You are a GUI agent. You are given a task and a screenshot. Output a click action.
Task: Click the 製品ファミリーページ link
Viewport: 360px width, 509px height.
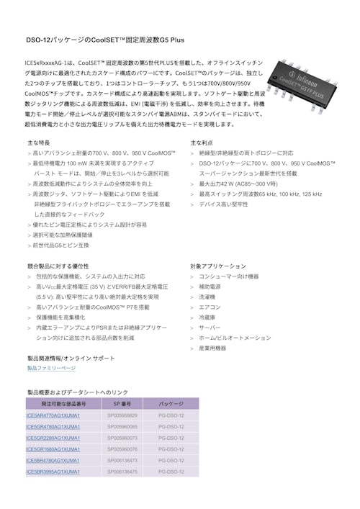[50, 369]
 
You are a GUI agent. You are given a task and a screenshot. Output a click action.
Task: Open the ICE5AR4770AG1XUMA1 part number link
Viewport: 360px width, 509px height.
[53, 415]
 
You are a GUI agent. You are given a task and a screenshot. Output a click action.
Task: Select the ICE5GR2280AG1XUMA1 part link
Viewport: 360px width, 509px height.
[53, 438]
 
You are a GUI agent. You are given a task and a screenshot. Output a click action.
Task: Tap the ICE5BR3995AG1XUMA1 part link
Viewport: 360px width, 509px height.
[53, 472]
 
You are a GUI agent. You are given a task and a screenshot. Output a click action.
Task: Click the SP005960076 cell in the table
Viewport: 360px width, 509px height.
[122, 449]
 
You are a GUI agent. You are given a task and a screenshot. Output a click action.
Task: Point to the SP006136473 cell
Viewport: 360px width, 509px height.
[122, 460]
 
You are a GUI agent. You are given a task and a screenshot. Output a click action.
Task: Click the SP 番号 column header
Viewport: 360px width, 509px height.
[122, 405]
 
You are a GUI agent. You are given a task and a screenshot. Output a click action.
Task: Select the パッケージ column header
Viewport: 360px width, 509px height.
[171, 405]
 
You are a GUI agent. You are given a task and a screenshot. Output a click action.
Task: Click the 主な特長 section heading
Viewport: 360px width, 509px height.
[39, 143]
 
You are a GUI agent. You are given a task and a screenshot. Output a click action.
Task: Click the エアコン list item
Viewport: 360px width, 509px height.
[210, 307]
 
